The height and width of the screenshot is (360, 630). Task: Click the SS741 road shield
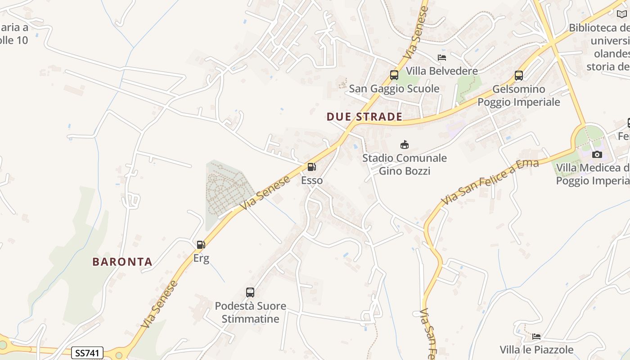pyautogui.click(x=87, y=353)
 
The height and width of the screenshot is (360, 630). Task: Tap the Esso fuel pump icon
pyautogui.click(x=311, y=167)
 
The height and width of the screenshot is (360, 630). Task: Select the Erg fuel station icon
pyautogui.click(x=201, y=245)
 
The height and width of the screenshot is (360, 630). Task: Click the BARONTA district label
pyautogui.click(x=122, y=261)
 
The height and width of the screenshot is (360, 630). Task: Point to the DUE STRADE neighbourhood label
pyautogui.click(x=364, y=117)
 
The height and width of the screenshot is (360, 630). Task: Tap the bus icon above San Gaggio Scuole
pyautogui.click(x=394, y=75)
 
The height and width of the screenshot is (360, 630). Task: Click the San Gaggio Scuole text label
pyautogui.click(x=394, y=89)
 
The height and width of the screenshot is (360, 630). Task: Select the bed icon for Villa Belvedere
pyautogui.click(x=442, y=58)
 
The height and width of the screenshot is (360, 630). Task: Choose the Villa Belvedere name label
pyautogui.click(x=442, y=71)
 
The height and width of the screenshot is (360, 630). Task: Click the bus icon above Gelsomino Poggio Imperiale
pyautogui.click(x=519, y=75)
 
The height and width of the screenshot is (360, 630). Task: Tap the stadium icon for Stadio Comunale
pyautogui.click(x=405, y=144)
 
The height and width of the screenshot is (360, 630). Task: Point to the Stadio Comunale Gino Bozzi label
pyautogui.click(x=405, y=164)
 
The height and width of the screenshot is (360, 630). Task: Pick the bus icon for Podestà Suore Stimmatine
pyautogui.click(x=250, y=292)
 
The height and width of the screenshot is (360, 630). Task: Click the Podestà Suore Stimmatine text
pyautogui.click(x=250, y=312)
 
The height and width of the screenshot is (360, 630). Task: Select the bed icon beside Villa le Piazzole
pyautogui.click(x=536, y=336)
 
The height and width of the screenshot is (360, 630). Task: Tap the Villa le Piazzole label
pyautogui.click(x=536, y=350)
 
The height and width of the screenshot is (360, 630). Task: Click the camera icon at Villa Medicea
pyautogui.click(x=597, y=154)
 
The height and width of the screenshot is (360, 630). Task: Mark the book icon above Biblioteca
pyautogui.click(x=622, y=14)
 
